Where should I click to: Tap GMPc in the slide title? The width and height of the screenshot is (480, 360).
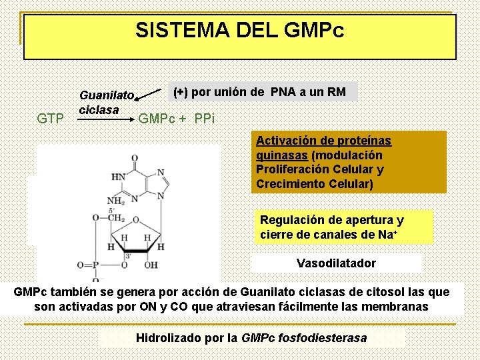pos(314,30)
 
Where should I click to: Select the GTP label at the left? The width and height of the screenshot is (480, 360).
pos(51,119)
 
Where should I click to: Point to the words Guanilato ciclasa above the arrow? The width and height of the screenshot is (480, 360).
pos(106,102)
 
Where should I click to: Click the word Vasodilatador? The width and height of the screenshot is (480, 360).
pos(336,263)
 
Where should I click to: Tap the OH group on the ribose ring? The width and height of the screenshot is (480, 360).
pos(151,265)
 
